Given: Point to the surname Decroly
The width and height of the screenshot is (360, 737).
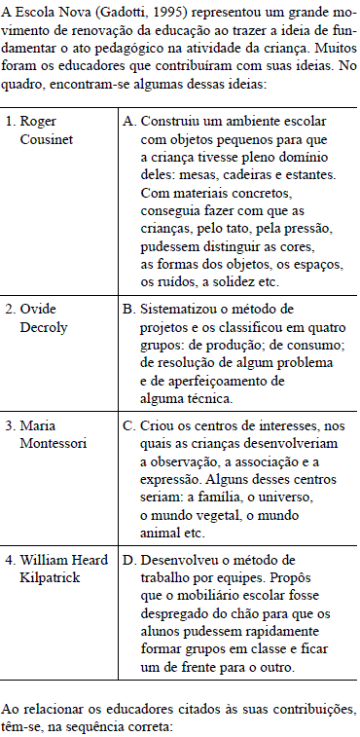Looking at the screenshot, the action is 45,327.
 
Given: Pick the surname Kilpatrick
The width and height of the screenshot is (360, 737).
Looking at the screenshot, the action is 50,578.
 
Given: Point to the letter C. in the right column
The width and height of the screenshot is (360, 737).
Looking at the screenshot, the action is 130,424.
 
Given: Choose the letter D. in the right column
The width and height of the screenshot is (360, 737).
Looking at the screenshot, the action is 130,561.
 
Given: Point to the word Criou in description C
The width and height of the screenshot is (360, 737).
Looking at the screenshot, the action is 160,424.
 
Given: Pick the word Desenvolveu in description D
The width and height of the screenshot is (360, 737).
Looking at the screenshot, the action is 181,561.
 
